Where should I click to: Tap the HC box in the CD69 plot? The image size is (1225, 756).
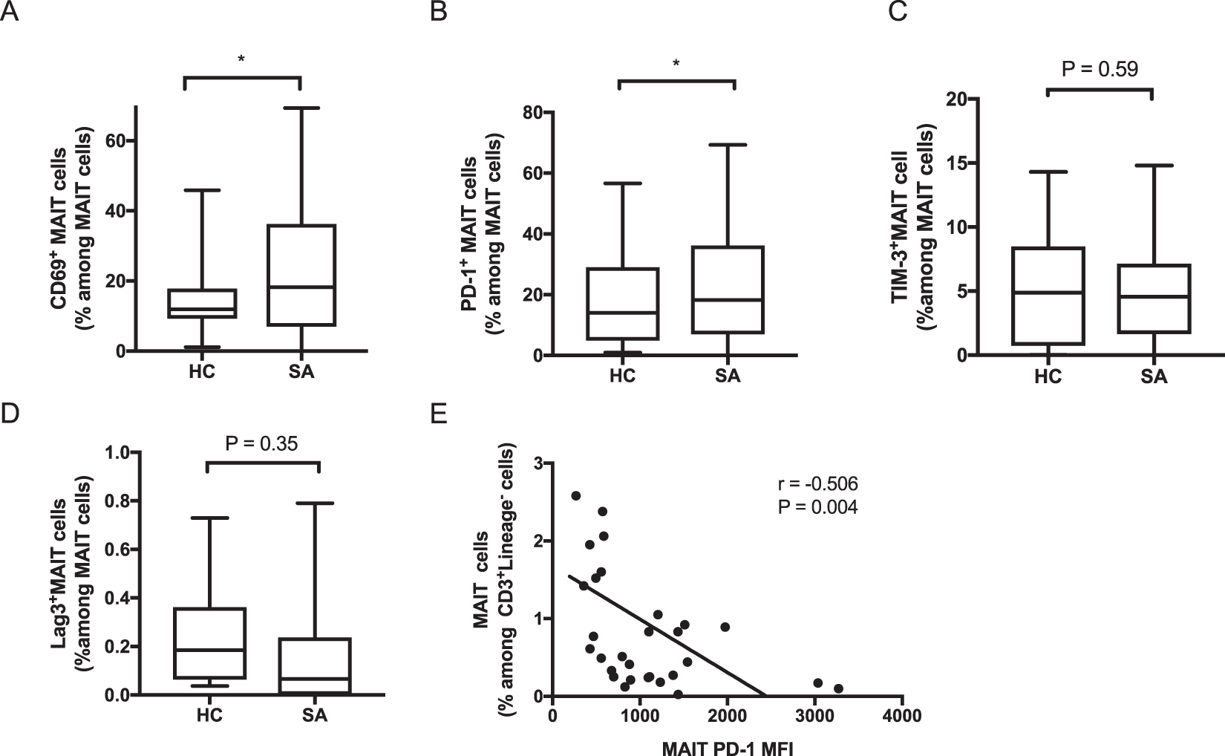pos(202,303)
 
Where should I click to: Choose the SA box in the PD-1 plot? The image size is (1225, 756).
pos(728,290)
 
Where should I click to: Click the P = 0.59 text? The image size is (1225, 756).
pos(1100,69)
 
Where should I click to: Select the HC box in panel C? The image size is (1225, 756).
pos(1048,296)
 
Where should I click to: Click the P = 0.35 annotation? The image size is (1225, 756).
pos(261,444)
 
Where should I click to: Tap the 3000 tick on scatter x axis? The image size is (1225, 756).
pos(814,716)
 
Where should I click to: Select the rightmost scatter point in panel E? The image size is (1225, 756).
pos(838,688)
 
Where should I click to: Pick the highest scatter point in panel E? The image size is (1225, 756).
pos(575,495)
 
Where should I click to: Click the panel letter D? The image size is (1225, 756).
pos(11,414)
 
